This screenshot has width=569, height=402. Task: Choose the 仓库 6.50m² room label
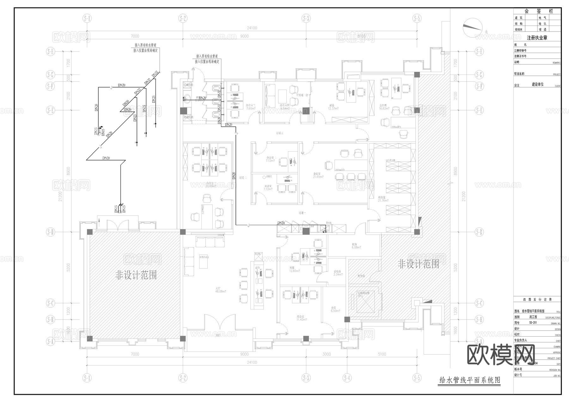coord(335,309)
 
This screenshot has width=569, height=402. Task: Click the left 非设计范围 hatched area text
coord(136,275)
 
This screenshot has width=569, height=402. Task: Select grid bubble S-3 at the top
coord(306,18)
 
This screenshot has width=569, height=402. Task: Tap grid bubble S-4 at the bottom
coord(347,377)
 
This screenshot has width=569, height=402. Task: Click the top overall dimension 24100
coord(252,28)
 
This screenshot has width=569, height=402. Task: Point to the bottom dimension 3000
coord(326,354)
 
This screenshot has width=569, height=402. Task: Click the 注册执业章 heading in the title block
coord(537,38)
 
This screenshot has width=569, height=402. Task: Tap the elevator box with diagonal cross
coord(365,301)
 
